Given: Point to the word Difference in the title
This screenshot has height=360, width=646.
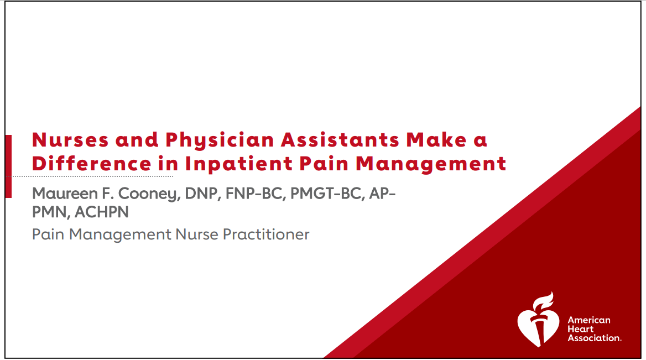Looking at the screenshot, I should pyautogui.click(x=91, y=164).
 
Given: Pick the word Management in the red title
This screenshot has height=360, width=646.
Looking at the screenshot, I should pyautogui.click(x=431, y=164).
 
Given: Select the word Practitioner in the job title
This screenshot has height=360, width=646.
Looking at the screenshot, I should pyautogui.click(x=266, y=234).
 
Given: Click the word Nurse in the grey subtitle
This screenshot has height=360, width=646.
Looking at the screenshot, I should pyautogui.click(x=197, y=234).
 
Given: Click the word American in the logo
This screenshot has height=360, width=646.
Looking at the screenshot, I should pyautogui.click(x=589, y=320).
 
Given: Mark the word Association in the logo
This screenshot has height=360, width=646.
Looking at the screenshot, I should pyautogui.click(x=594, y=338).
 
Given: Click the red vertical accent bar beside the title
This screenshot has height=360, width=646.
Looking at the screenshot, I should pyautogui.click(x=8, y=166).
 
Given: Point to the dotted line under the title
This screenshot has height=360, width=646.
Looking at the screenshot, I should pyautogui.click(x=92, y=176).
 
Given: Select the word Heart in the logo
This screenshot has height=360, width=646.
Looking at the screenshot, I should pyautogui.click(x=581, y=329).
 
